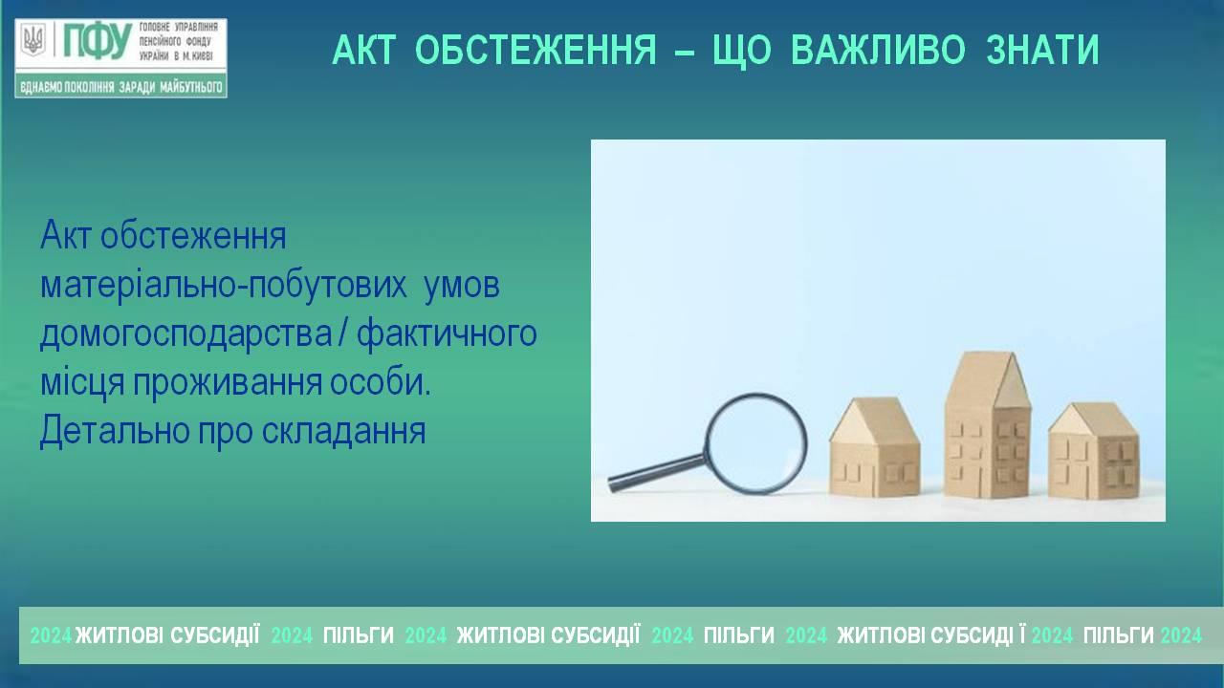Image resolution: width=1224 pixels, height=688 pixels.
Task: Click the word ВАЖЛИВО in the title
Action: pyautogui.click(x=878, y=50)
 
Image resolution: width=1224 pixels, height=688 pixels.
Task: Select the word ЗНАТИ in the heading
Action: pyautogui.click(x=1042, y=50)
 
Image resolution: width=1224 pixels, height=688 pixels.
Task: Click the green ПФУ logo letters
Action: pyautogui.click(x=98, y=41)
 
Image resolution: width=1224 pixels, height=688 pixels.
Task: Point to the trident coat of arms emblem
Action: pyautogui.click(x=33, y=40)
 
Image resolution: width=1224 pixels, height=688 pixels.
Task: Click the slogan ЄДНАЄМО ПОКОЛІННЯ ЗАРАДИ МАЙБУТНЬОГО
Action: pyautogui.click(x=121, y=87)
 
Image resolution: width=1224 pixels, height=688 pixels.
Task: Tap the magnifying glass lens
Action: pyautogui.click(x=755, y=442)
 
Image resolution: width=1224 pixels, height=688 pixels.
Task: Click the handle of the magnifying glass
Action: pyautogui.click(x=656, y=473)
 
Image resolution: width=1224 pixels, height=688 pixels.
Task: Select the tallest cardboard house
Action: pyautogui.click(x=988, y=425)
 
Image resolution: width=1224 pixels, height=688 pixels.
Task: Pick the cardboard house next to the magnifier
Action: pyautogui.click(x=875, y=446)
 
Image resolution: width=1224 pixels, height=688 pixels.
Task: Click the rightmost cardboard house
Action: pyautogui.click(x=1094, y=450)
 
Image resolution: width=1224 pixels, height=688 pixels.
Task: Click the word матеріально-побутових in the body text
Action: pyautogui.click(x=224, y=286)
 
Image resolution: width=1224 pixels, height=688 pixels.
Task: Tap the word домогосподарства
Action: pyautogui.click(x=186, y=333)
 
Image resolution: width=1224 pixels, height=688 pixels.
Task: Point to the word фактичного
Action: pyautogui.click(x=447, y=333)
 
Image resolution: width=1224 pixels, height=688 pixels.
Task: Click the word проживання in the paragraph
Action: pyautogui.click(x=228, y=382)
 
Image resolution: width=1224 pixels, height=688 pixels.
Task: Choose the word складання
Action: pyautogui.click(x=343, y=431)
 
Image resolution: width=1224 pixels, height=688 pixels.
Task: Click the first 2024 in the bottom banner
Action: pyautogui.click(x=51, y=635)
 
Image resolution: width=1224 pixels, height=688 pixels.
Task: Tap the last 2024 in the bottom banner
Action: pyautogui.click(x=1181, y=635)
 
